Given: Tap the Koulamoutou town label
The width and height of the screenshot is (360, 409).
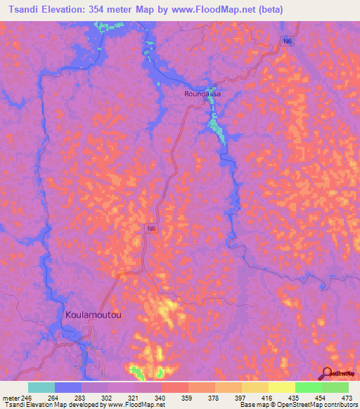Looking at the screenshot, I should coord(93,315).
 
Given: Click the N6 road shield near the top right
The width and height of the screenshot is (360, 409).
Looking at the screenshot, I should coord(288,42).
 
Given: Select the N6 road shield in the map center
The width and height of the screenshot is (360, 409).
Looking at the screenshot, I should coord(151,229).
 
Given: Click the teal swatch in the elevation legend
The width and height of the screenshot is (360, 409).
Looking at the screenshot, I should coord(41,387).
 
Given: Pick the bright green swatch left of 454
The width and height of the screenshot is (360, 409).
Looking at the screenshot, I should coord(309,387).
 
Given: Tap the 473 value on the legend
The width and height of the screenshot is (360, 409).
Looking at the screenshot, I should coord(347,397).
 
